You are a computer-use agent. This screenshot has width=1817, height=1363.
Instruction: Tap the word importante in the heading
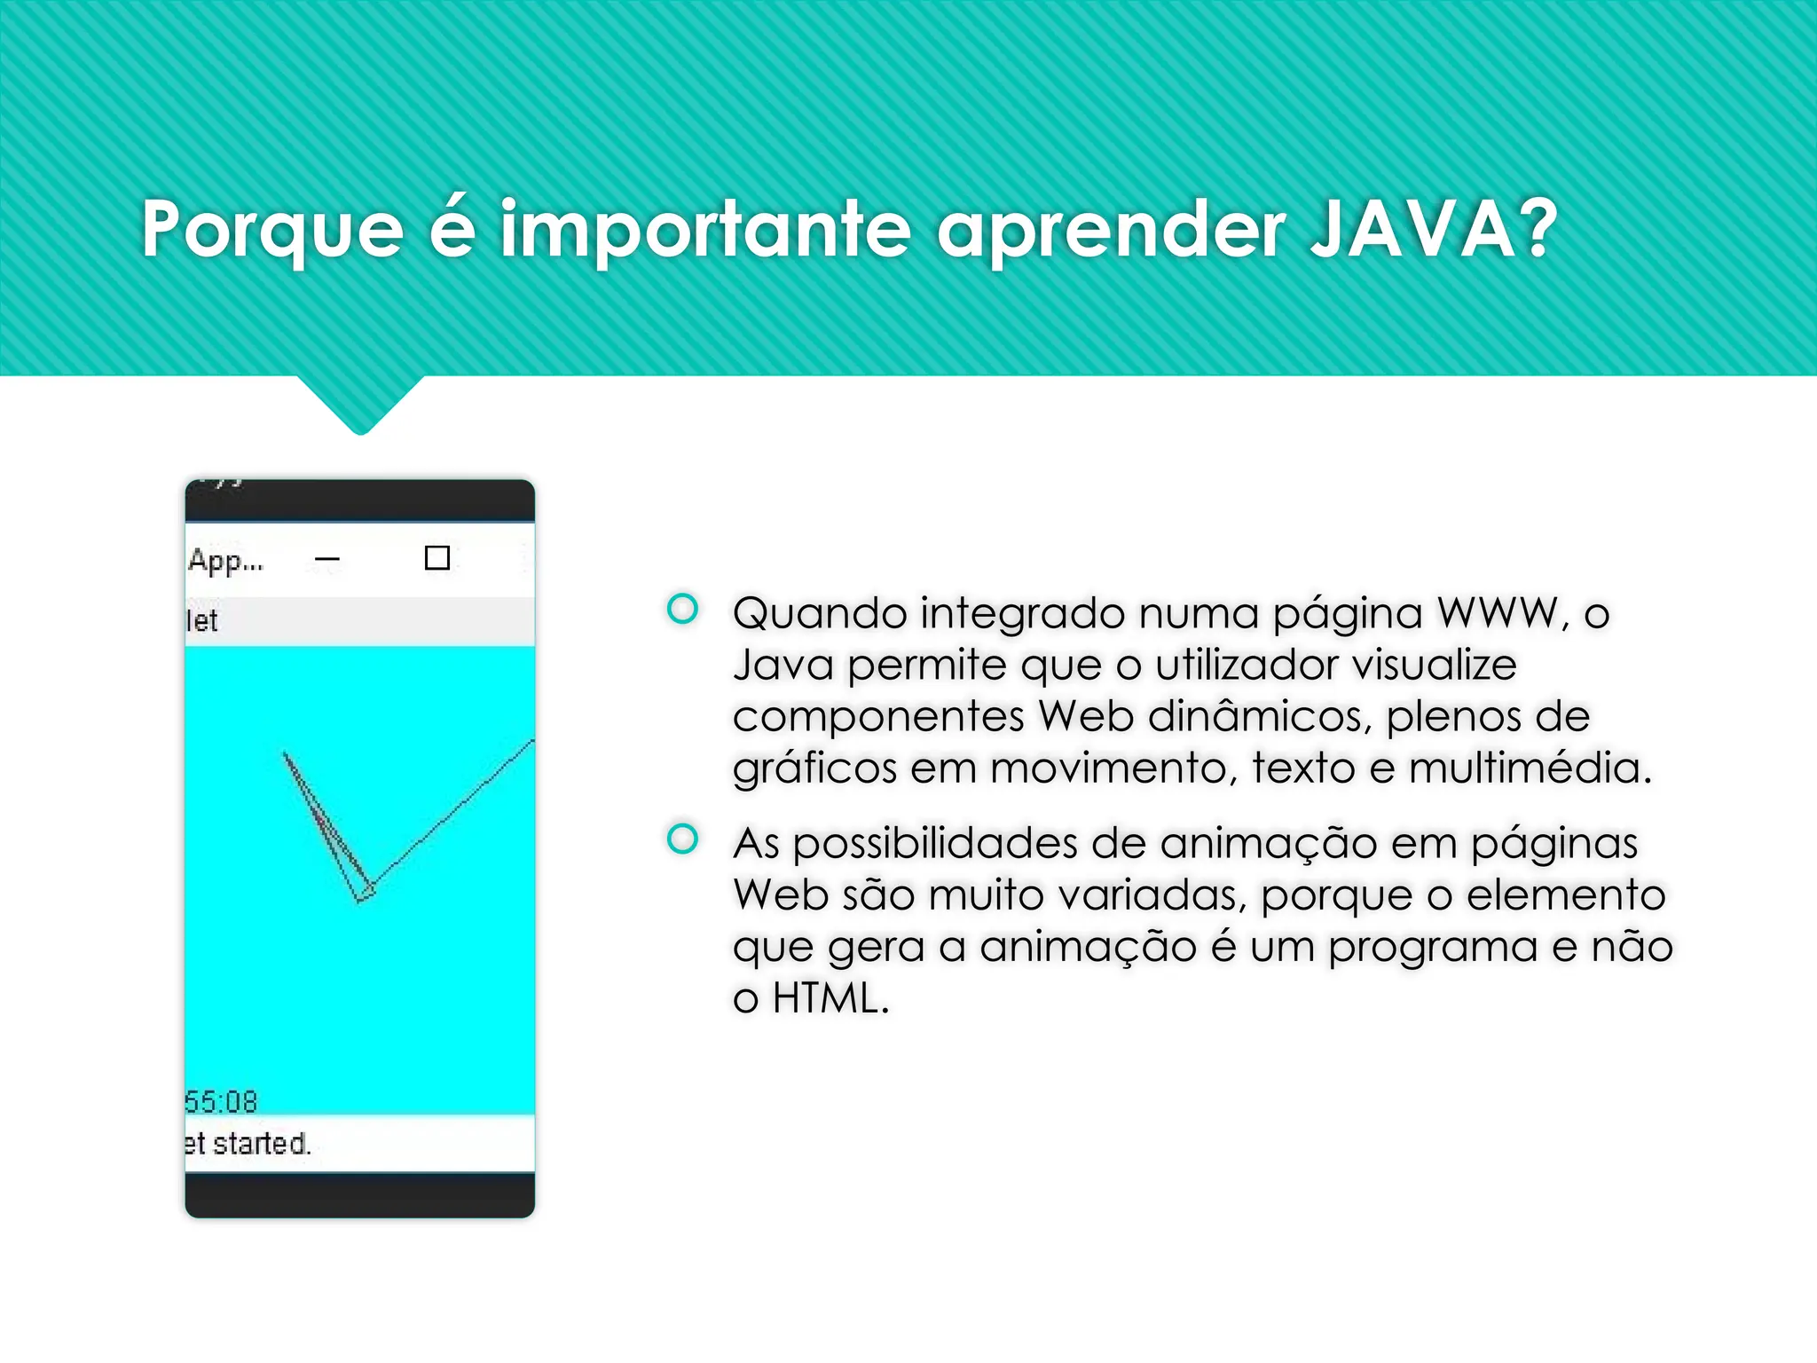pos(705,231)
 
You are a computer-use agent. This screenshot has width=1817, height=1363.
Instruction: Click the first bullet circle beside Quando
pos(682,609)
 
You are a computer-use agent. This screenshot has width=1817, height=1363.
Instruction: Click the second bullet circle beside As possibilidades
pos(682,839)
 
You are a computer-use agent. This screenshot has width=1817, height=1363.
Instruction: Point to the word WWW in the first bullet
pos(1497,613)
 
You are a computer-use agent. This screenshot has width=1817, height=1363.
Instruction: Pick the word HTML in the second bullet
pos(829,998)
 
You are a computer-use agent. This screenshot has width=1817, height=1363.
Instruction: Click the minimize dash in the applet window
pos(327,559)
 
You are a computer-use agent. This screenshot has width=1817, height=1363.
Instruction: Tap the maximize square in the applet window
pos(437,558)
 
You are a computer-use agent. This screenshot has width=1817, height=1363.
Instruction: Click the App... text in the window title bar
pos(225,561)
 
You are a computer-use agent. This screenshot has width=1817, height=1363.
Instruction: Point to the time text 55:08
pos(221,1101)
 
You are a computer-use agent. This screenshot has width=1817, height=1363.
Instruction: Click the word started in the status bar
pos(261,1143)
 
